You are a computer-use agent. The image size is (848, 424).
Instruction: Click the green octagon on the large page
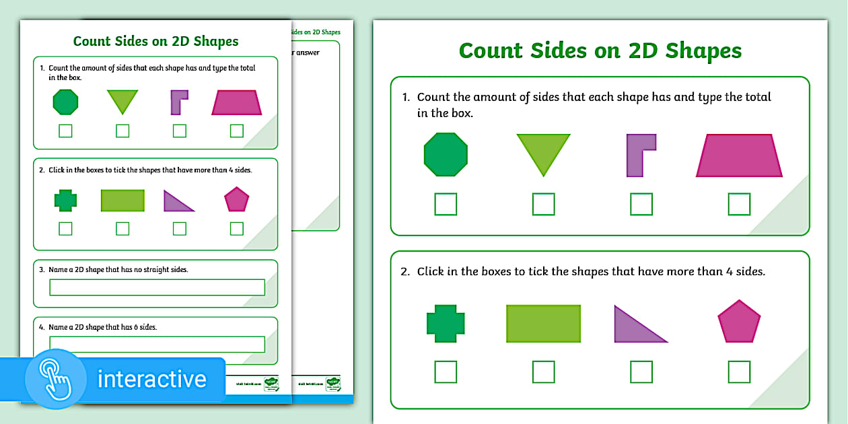point(446,154)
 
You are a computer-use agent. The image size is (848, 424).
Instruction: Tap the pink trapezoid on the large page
point(739,155)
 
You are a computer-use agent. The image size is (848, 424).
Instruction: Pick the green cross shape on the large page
point(446,323)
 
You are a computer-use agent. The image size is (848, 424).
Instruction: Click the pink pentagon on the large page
point(739,322)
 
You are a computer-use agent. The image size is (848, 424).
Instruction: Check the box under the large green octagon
point(446,204)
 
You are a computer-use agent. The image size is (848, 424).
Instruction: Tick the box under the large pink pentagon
point(739,372)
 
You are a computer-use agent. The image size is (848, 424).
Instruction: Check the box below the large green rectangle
point(543,372)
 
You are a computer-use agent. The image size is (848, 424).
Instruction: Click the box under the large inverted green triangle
point(543,204)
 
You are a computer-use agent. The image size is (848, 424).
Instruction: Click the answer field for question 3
point(157,287)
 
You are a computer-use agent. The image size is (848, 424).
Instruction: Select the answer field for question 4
point(157,344)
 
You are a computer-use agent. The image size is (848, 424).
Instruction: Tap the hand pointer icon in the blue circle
point(56,379)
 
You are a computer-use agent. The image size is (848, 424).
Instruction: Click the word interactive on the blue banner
point(152,379)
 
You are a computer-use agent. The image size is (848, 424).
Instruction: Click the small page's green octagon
point(65,102)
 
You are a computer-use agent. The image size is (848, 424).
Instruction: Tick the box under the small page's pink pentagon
point(236,229)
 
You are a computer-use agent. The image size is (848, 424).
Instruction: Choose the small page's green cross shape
point(65,200)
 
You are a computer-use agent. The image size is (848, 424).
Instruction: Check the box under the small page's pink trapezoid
point(236,131)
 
